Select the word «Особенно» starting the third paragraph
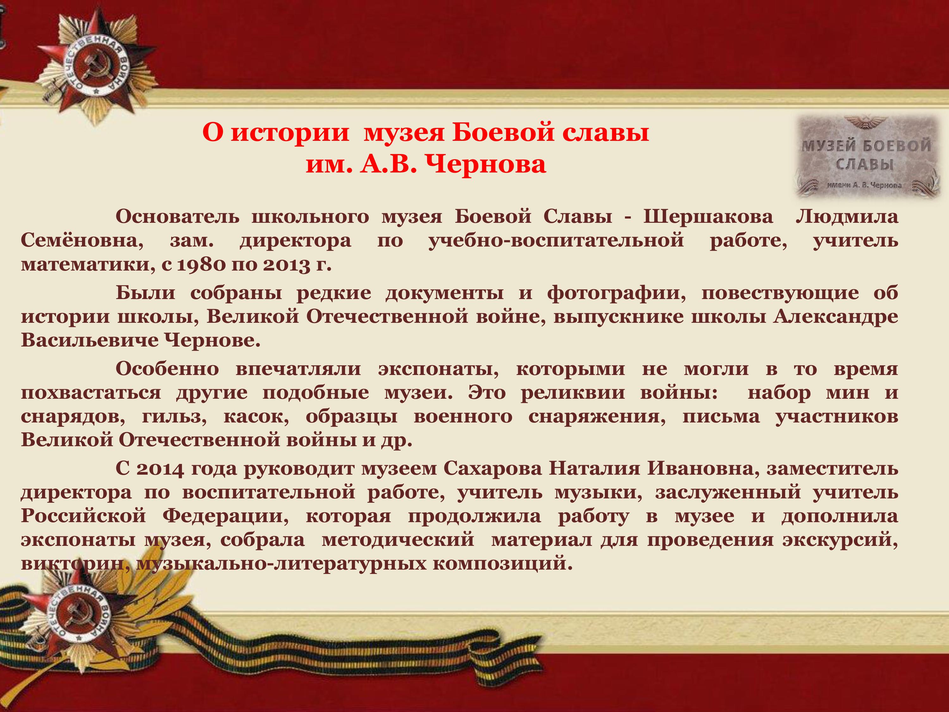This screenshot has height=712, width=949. tap(167, 369)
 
